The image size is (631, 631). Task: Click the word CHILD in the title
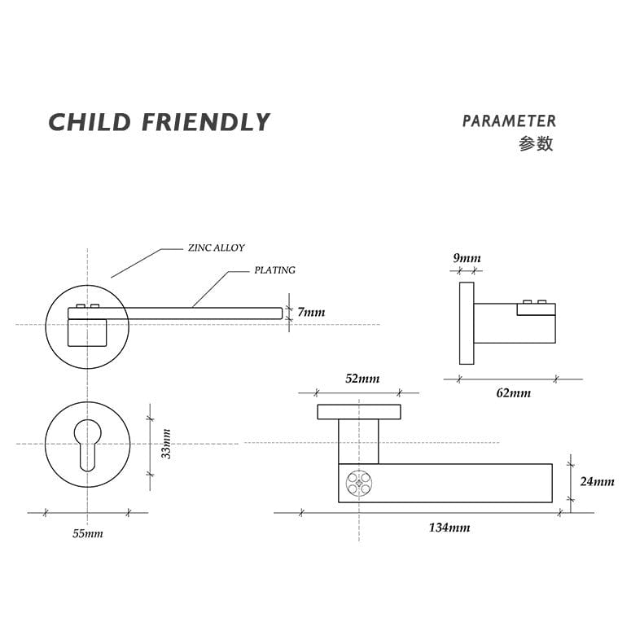pyautogui.click(x=90, y=123)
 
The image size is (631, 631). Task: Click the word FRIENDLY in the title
pyautogui.click(x=205, y=123)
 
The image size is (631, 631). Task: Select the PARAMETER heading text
pyautogui.click(x=509, y=121)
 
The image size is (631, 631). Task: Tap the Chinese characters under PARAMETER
pyautogui.click(x=536, y=144)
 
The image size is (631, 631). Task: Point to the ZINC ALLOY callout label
pyautogui.click(x=216, y=248)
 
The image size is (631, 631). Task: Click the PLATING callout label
pyautogui.click(x=274, y=270)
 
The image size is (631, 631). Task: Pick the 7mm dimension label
pyautogui.click(x=311, y=313)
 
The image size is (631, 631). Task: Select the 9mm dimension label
pyautogui.click(x=467, y=259)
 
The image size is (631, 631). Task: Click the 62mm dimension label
pyautogui.click(x=513, y=393)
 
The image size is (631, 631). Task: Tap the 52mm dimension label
pyautogui.click(x=362, y=379)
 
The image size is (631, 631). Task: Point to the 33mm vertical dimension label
pyautogui.click(x=166, y=444)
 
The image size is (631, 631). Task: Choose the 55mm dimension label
pyautogui.click(x=88, y=533)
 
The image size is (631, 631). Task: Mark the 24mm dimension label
pyautogui.click(x=597, y=481)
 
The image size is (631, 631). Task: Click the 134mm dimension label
pyautogui.click(x=449, y=528)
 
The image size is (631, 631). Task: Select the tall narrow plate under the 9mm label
pyautogui.click(x=467, y=323)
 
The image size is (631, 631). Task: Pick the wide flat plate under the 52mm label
pyautogui.click(x=359, y=412)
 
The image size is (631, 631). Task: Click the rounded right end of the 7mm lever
pyautogui.click(x=279, y=313)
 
